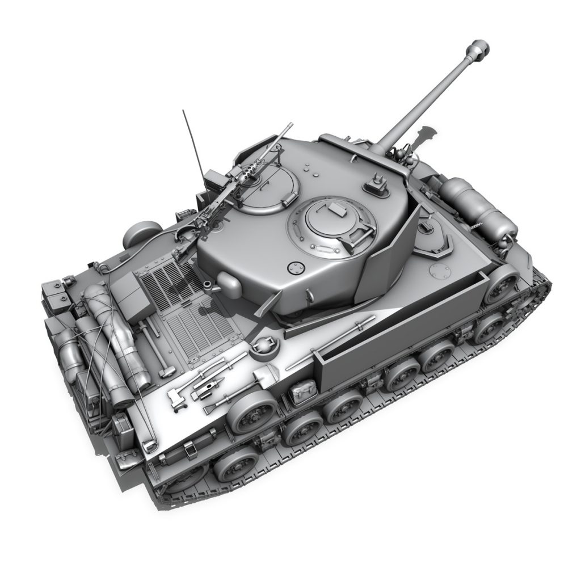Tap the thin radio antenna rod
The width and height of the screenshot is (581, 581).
point(193,142)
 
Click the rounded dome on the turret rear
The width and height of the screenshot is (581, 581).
point(229,281)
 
